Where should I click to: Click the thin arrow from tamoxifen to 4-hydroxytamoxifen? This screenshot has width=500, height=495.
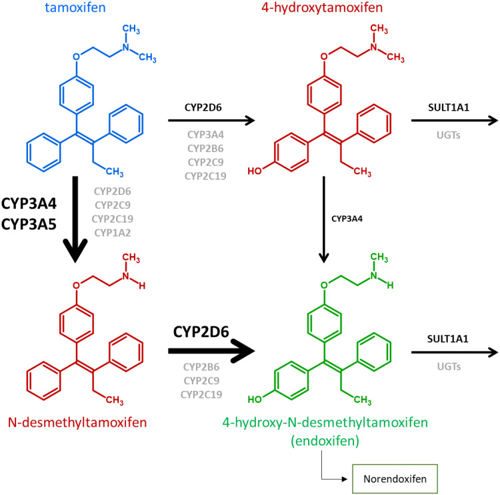click(211, 121)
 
